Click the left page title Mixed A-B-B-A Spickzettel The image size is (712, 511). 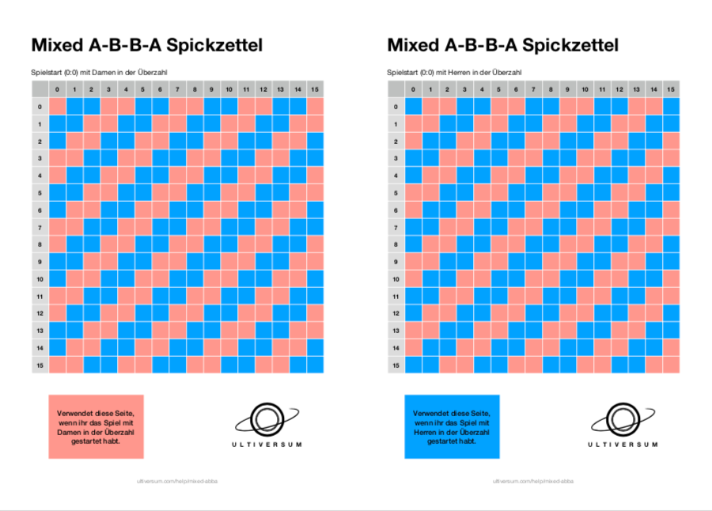click(146, 45)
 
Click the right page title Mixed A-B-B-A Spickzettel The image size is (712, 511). click(502, 45)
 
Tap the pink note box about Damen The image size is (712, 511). click(96, 426)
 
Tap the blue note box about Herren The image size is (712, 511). click(452, 426)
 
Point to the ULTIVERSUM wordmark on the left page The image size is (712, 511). click(267, 445)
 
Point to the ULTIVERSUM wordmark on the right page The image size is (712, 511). click(623, 445)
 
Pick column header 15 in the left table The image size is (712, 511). click(315, 89)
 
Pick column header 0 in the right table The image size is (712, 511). click(413, 89)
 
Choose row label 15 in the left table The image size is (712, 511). click(40, 365)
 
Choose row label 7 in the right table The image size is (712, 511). click(396, 227)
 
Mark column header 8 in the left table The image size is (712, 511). click(195, 89)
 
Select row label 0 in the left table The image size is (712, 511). click(40, 107)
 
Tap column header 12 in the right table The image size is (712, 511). click(619, 89)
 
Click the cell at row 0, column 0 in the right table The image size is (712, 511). click(413, 107)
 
